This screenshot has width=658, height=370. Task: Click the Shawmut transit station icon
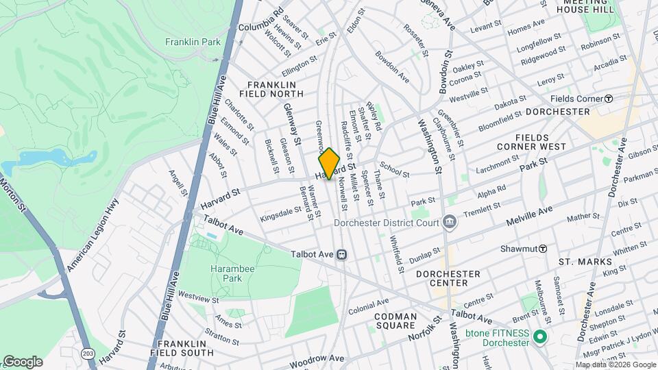[541, 248]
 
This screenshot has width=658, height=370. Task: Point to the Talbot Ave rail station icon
[341, 254]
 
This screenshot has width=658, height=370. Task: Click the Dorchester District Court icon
[450, 222]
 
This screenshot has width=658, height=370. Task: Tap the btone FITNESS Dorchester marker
[539, 337]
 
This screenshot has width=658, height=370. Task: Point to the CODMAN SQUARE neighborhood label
[395, 321]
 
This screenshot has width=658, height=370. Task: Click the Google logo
[23, 361]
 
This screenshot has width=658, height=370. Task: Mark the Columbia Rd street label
[261, 21]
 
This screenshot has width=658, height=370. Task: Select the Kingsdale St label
[280, 214]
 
